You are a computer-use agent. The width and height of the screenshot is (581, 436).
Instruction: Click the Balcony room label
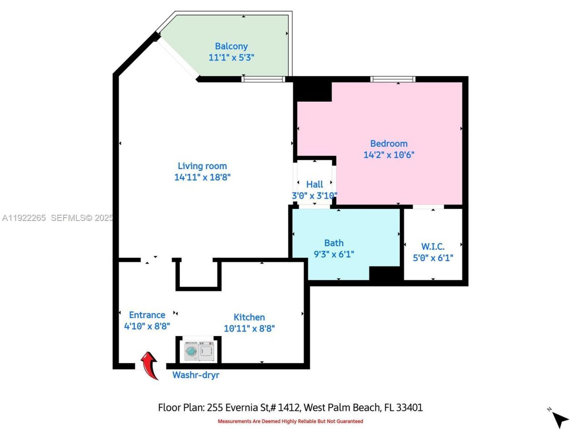coord(231,46)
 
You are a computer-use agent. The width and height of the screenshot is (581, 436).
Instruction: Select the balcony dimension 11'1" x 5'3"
coord(231,57)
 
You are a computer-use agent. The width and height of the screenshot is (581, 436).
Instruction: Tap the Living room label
coord(202,166)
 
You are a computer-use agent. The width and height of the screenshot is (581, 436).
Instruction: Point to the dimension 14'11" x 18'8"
coord(202,177)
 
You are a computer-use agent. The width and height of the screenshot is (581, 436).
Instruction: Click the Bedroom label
coord(389,144)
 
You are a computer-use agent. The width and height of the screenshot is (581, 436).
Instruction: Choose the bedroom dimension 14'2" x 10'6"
coord(389,154)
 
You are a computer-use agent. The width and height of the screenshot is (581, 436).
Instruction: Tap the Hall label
coord(315,184)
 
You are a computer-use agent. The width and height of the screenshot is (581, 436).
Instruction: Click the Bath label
coord(334,243)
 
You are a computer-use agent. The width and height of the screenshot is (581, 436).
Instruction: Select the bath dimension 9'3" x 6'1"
coord(334,254)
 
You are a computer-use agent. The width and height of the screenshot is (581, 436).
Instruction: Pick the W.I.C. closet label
coord(433,247)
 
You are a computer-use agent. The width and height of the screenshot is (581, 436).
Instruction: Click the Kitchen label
coord(249,317)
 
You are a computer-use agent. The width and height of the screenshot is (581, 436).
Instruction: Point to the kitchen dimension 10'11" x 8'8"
coord(249,328)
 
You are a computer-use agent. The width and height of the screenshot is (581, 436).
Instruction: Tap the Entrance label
coord(147,315)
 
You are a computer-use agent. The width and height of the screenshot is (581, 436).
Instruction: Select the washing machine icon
coord(191,351)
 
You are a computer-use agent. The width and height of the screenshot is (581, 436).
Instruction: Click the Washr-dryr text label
coord(196,375)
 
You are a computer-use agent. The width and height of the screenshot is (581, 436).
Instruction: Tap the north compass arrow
coord(561,420)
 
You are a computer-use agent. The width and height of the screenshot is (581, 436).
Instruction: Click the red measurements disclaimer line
coord(290,421)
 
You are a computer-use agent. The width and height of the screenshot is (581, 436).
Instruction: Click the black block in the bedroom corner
coord(313,91)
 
